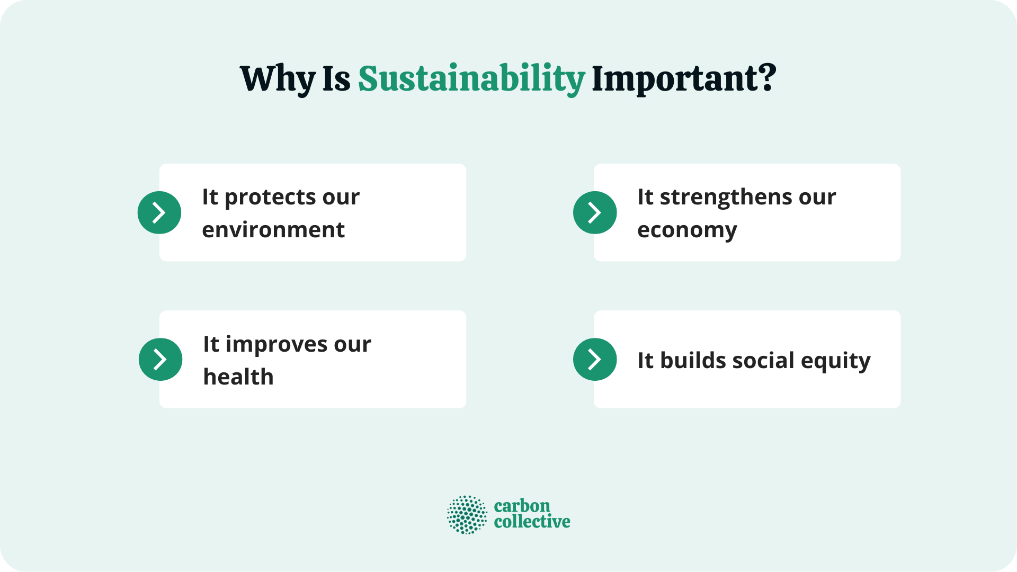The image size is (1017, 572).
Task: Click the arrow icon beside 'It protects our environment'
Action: (159, 212)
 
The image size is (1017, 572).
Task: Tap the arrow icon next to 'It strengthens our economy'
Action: (595, 212)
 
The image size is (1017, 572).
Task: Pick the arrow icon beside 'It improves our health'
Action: (160, 359)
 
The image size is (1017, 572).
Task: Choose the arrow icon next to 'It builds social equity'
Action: (595, 359)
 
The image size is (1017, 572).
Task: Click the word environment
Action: (273, 230)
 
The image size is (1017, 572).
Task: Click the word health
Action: (238, 377)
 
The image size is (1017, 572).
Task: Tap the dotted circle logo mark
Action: (467, 514)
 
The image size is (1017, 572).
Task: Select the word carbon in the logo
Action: (522, 506)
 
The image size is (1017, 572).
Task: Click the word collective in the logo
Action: (532, 522)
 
